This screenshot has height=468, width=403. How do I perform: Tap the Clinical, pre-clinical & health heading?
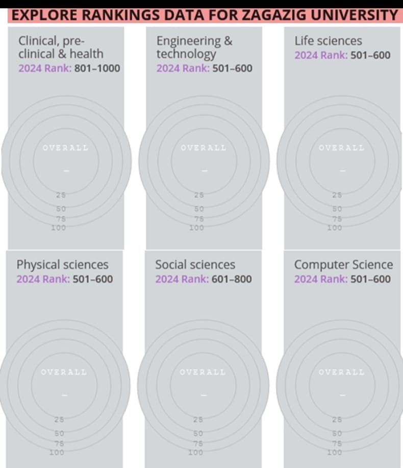(61, 47)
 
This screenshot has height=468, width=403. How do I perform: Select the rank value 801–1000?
(97, 68)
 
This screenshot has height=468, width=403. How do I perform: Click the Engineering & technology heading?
(194, 47)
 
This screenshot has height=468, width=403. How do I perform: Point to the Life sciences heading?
(328, 41)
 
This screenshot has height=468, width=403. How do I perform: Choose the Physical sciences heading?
(62, 265)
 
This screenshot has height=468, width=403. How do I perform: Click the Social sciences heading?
(195, 265)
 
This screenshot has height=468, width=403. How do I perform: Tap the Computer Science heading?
(343, 265)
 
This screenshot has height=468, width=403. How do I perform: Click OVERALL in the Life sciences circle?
(341, 148)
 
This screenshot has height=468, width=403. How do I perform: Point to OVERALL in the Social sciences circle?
(203, 372)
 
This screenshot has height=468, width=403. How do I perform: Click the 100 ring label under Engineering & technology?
(197, 227)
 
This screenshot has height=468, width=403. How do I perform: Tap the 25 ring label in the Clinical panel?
(61, 195)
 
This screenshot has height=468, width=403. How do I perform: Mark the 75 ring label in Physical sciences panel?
(60, 443)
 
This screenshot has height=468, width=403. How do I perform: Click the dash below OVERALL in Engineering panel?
(204, 170)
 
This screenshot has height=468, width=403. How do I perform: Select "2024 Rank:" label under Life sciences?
(321, 55)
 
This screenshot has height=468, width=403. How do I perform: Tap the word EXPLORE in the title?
(40, 15)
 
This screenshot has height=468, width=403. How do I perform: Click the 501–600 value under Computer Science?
(371, 279)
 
